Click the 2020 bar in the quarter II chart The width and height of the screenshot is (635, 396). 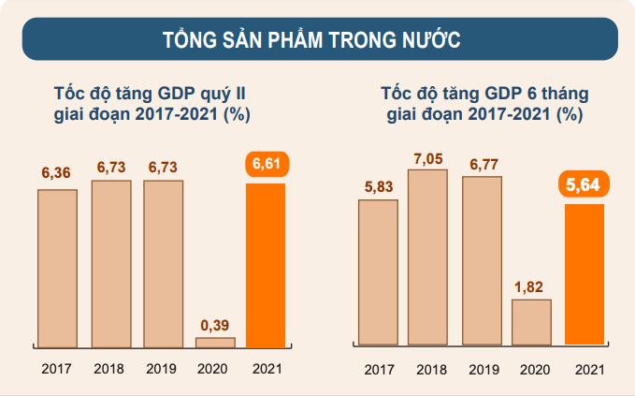coord(215,343)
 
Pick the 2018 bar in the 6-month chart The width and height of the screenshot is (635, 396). coord(428,257)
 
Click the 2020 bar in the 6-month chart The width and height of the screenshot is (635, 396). coord(531,322)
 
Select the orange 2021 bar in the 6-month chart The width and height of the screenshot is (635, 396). coord(584,274)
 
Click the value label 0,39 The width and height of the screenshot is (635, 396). coord(215,324)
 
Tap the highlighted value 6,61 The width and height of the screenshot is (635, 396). coord(266,165)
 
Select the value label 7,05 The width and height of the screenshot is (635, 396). coord(428,154)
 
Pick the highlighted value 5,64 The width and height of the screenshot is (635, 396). coord(584,185)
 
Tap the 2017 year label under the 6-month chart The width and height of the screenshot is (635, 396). coord(379,370)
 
